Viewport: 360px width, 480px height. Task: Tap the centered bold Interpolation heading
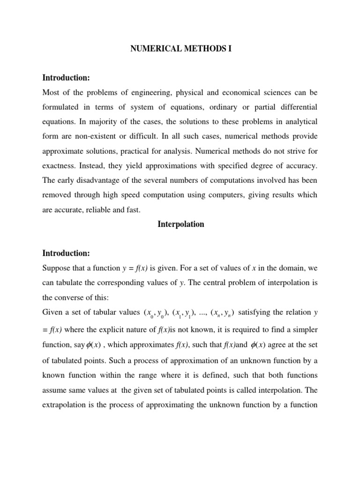tap(180, 225)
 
